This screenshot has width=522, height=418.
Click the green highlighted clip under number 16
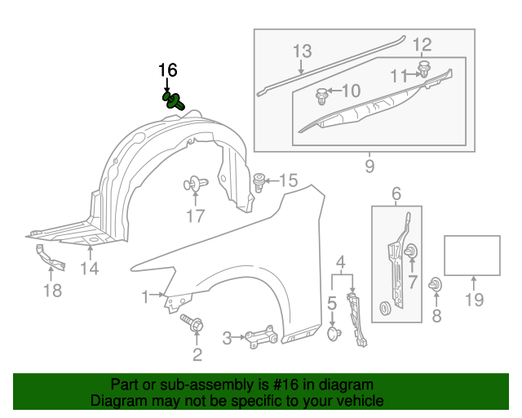pos(174,102)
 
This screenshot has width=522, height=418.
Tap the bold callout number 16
pos(167,71)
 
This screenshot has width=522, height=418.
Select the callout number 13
pos(302,51)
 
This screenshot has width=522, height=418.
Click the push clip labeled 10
pos(322,97)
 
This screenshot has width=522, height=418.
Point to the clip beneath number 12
pos(424,68)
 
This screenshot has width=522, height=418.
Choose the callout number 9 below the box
pos(369,167)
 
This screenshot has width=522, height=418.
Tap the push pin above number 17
pos(196,185)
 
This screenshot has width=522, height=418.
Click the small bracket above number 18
pos(48,257)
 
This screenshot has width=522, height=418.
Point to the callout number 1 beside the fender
pos(145,295)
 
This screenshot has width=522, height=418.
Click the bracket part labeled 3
pos(259,336)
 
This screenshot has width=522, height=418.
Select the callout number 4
pos(341,262)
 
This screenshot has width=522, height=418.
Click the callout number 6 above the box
pos(396,193)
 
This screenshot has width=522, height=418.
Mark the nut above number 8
pos(436,285)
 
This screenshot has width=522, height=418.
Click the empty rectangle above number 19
pos(471,256)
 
